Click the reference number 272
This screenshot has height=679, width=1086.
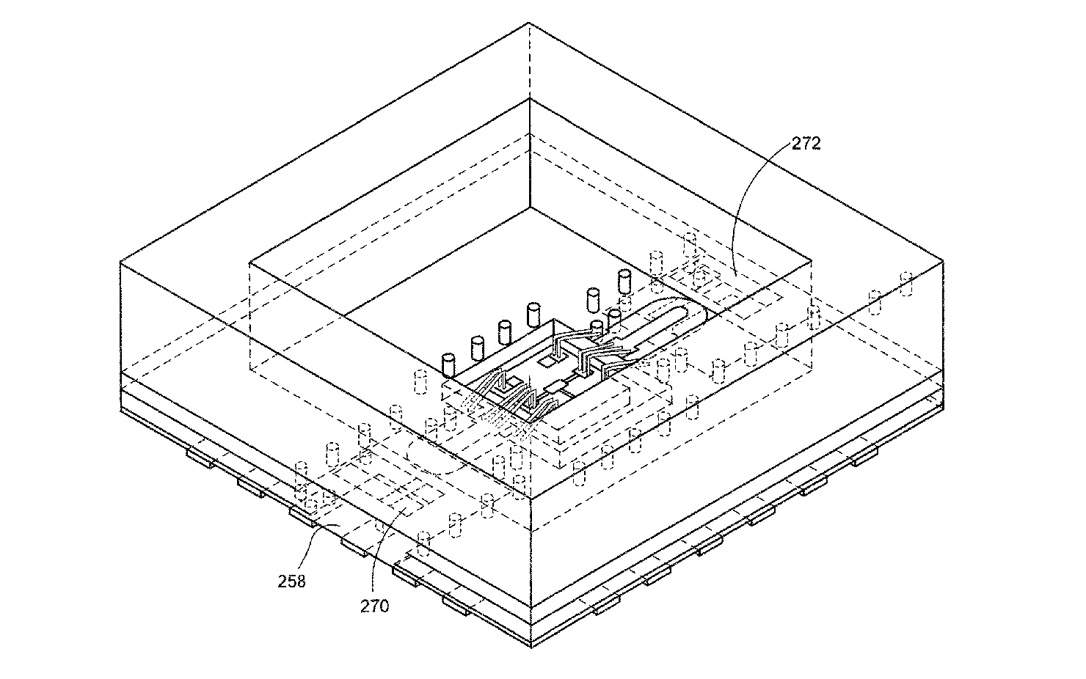[x=806, y=144]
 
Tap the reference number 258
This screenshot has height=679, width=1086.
[x=291, y=581]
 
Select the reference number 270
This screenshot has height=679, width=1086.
[x=374, y=606]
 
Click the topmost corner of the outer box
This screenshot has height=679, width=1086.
[x=528, y=23]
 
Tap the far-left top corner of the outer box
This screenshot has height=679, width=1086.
[x=120, y=262]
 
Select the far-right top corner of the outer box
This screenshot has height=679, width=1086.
[x=943, y=262]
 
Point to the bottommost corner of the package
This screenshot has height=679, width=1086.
[x=532, y=647]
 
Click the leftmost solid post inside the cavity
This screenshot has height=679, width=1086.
[x=448, y=366]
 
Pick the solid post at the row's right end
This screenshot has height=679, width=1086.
[x=624, y=282]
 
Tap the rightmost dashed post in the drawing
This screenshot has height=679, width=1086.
[x=905, y=284]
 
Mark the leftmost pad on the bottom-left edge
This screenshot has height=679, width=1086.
[x=200, y=458]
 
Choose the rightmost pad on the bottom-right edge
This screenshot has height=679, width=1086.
[x=865, y=456]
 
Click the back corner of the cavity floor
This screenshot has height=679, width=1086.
[x=530, y=208]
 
